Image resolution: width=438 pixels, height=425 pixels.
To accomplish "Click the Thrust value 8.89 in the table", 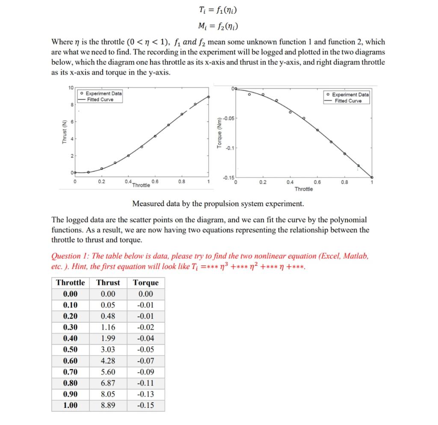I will pos(108,405).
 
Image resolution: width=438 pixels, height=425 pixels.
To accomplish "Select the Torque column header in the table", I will pos(145,282).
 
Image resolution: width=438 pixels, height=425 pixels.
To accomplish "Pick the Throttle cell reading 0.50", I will pos(70,350).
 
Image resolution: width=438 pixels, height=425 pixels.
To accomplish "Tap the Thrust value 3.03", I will pos(108,350).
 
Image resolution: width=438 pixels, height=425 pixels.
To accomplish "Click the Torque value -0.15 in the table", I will pos(145,405).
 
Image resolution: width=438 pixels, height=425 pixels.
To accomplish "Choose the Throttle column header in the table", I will pos(70,282).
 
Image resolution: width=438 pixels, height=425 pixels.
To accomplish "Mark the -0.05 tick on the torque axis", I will pos(230,118).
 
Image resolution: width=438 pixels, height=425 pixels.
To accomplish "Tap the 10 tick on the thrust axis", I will pos(70,88).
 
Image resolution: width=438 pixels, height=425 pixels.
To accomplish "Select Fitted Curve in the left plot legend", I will pos(100,100).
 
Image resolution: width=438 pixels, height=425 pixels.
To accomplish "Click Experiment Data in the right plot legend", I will pos(350,95).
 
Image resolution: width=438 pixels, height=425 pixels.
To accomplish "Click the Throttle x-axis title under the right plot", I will pos(303,189).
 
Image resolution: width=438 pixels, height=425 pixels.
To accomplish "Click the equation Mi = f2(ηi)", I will pos(219,27).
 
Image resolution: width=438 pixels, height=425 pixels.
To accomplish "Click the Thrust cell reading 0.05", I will pos(108,305).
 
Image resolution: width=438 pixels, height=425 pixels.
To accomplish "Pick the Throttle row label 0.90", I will pos(70,394).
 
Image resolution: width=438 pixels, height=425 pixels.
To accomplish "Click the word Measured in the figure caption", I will pos(148,203).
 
